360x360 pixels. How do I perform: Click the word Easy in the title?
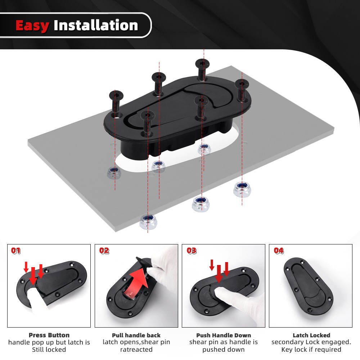pyautogui.click(x=32, y=26)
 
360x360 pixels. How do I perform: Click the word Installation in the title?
pyautogui.click(x=96, y=26)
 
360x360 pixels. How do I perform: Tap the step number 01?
pyautogui.click(x=17, y=251)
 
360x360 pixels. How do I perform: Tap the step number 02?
pyautogui.click(x=104, y=251)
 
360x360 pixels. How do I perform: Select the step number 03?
pyautogui.click(x=192, y=251)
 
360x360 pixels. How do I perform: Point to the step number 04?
pyautogui.click(x=279, y=251)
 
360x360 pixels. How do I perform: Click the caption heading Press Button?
pyautogui.click(x=49, y=336)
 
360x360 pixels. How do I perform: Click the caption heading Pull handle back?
pyautogui.click(x=136, y=336)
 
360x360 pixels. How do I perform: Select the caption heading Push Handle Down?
pyautogui.click(x=224, y=336)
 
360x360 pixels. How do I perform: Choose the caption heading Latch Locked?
pyautogui.click(x=311, y=336)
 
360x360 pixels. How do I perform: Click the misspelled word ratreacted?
pyautogui.click(x=136, y=350)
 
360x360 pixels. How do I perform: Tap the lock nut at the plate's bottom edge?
pyautogui.click(x=148, y=222)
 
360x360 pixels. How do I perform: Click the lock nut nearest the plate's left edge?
pyautogui.click(x=114, y=172)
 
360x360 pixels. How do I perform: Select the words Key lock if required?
pyautogui.click(x=311, y=350)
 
